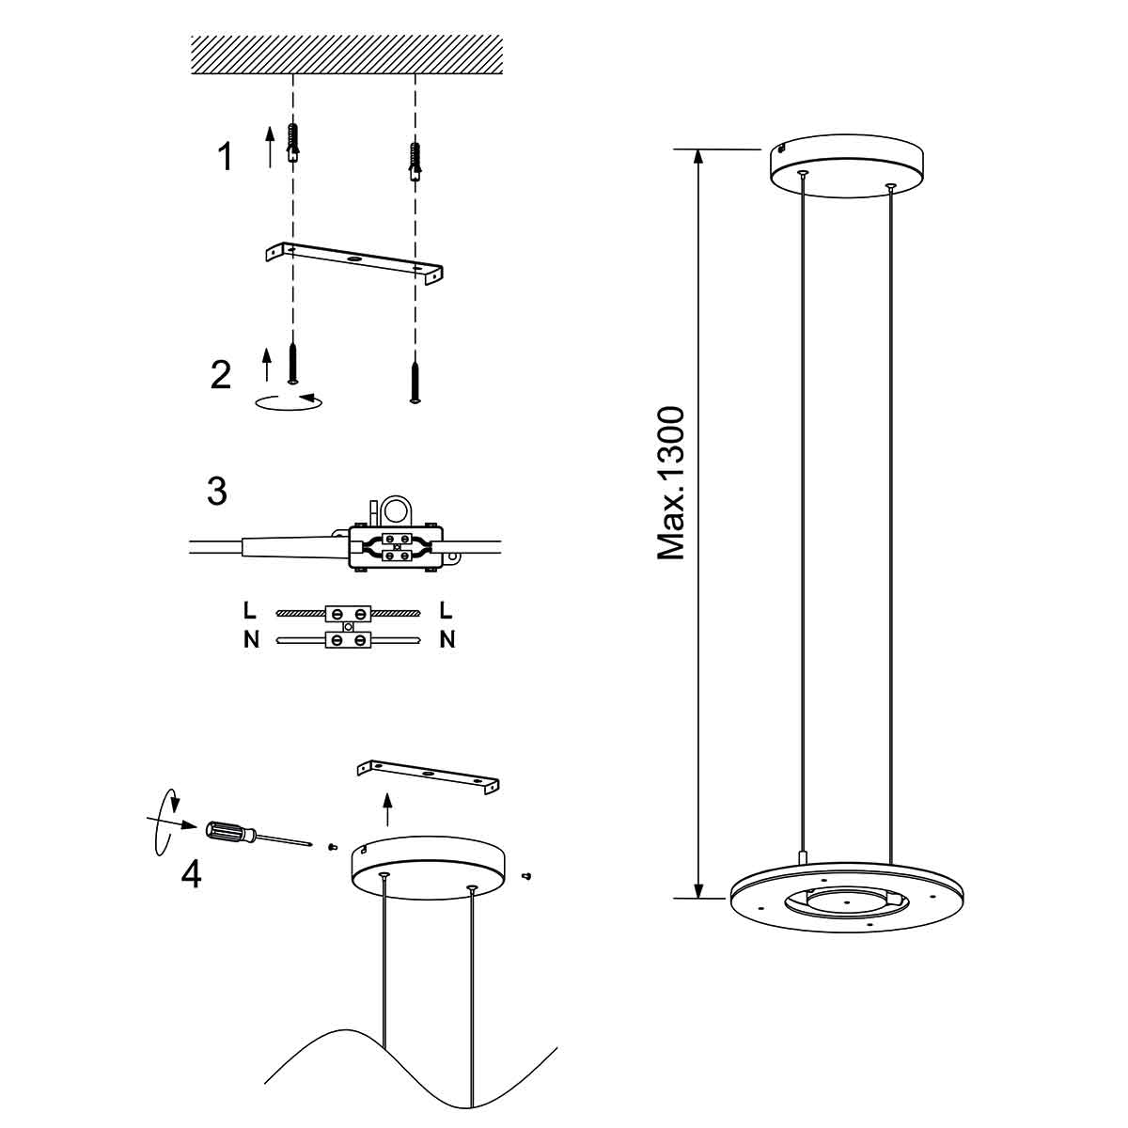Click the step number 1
[x=225, y=157]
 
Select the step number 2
[x=220, y=374]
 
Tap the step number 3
[x=216, y=491]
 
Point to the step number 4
[x=191, y=874]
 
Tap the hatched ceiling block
[x=346, y=55]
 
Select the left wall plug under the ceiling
[x=294, y=142]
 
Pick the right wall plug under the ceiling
[x=414, y=160]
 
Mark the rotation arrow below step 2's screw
[x=289, y=401]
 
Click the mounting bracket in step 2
[x=354, y=261]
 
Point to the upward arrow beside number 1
[x=270, y=147]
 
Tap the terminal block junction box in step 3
[x=394, y=546]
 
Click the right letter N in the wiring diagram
[x=446, y=641]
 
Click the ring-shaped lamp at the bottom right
[x=848, y=902]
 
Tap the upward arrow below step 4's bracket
[x=386, y=807]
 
